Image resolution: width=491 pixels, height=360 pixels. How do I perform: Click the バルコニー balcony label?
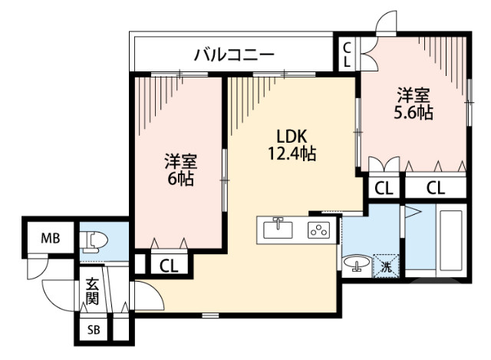click(234, 54)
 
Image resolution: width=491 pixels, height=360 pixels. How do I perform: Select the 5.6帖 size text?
click(414, 114)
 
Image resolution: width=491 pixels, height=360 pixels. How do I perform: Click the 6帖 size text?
click(181, 180)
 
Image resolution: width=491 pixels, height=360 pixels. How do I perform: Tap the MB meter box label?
click(51, 237)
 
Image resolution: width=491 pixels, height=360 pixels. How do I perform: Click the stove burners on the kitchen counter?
click(317, 230)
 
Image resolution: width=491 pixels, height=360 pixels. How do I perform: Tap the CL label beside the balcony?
click(347, 54)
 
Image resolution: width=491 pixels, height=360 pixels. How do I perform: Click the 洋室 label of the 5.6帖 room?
click(414, 97)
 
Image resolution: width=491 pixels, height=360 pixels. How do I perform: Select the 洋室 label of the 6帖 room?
click(181, 162)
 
